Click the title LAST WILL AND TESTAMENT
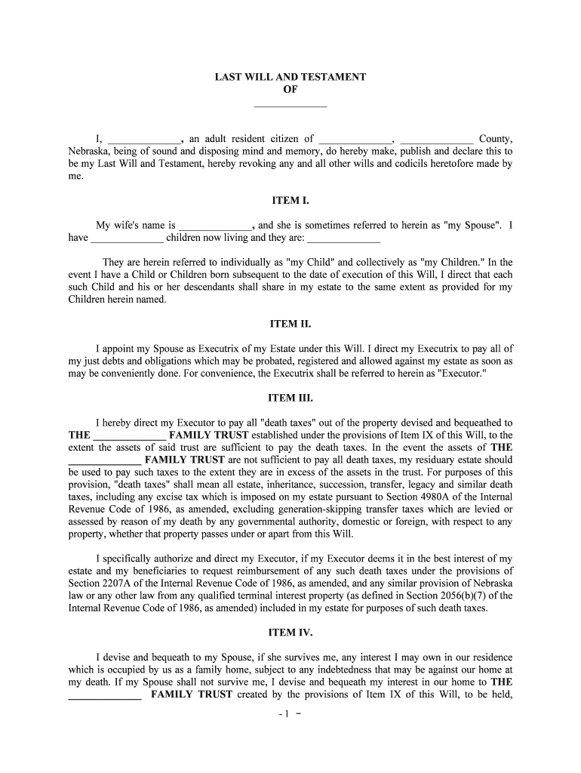click(x=290, y=77)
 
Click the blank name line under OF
click(x=290, y=103)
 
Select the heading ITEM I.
click(x=290, y=202)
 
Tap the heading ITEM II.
click(x=290, y=324)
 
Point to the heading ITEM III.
click(x=290, y=398)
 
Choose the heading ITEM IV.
click(x=290, y=633)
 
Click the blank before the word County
click(x=436, y=139)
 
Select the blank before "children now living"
click(x=127, y=238)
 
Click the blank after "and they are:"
click(x=345, y=238)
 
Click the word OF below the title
click(x=290, y=89)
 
